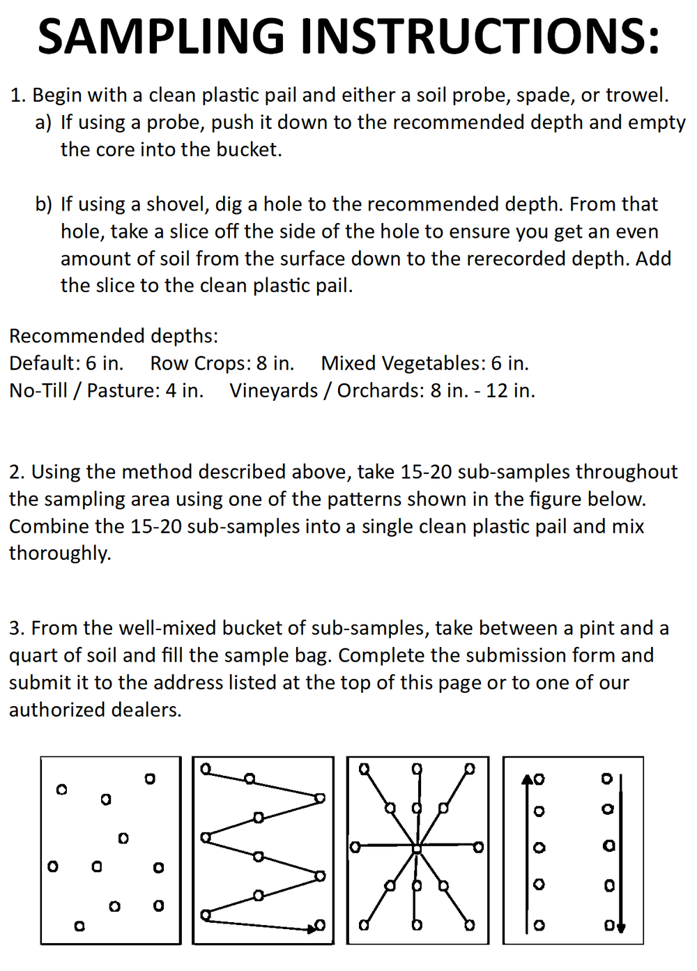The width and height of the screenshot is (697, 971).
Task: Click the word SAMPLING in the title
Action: coord(161,36)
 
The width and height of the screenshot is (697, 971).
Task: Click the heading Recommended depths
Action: coord(113,336)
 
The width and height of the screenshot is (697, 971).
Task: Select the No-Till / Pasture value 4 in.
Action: coord(184,390)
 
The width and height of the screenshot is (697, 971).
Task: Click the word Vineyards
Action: coord(273,390)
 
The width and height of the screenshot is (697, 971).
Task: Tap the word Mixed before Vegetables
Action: coord(348,363)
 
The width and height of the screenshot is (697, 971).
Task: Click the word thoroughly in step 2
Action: coord(60,553)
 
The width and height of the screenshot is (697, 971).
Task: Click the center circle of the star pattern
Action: coord(417,848)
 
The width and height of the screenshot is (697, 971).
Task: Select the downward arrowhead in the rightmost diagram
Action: coord(621,928)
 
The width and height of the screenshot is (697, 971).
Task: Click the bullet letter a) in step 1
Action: coord(43,123)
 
